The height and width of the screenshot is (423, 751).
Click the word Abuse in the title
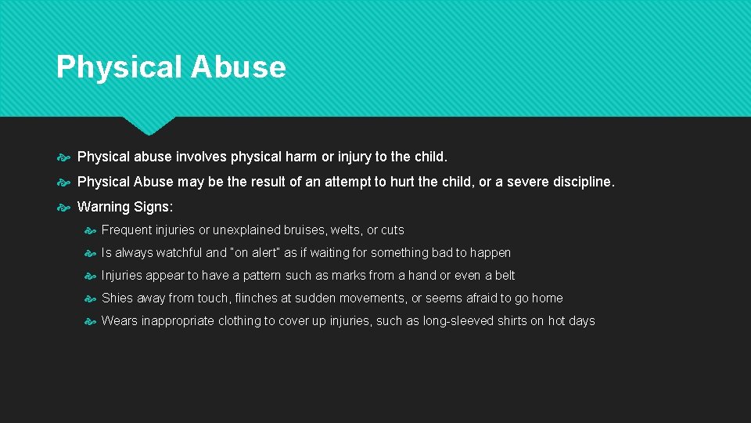[x=237, y=67]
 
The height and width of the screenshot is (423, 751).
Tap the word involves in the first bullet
[x=201, y=157]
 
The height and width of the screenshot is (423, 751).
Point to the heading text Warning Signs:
[x=124, y=207]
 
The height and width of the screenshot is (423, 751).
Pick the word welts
[x=346, y=230]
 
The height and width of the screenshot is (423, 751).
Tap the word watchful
[x=179, y=253]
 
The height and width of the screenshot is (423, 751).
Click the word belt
[x=505, y=276]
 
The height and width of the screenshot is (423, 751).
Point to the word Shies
[x=117, y=298]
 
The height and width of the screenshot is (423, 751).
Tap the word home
[x=547, y=298]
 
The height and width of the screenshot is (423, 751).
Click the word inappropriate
[x=178, y=321]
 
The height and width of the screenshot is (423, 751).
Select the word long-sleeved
[x=458, y=321]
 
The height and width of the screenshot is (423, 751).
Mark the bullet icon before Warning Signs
[x=64, y=208]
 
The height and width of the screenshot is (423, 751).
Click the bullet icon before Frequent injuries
[x=90, y=231]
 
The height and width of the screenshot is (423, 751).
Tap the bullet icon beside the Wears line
[x=90, y=322]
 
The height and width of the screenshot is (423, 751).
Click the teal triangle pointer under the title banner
[x=149, y=125]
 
